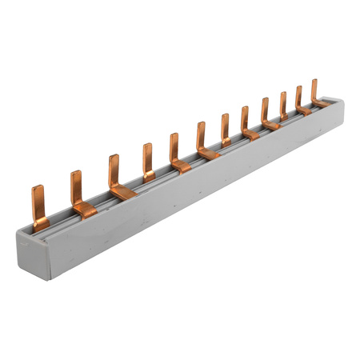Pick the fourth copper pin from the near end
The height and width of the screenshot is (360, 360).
pyautogui.click(x=147, y=161)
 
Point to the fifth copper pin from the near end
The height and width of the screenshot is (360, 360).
pyautogui.click(x=174, y=150)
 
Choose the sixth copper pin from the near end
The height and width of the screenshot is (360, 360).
pyautogui.click(x=202, y=138)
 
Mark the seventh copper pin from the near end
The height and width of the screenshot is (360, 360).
pyautogui.click(x=225, y=127)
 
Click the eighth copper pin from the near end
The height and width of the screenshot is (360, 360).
pyautogui.click(x=245, y=120)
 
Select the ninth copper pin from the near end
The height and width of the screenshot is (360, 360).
pyautogui.click(x=265, y=111)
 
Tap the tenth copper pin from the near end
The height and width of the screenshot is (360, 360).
pyautogui.click(x=283, y=105)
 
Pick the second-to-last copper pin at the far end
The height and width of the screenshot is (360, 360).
pyautogui.click(x=299, y=98)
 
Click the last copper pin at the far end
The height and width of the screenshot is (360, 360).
pyautogui.click(x=314, y=91)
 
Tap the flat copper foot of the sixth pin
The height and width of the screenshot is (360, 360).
pyautogui.click(x=210, y=152)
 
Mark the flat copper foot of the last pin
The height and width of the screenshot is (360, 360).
pyautogui.click(x=322, y=103)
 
